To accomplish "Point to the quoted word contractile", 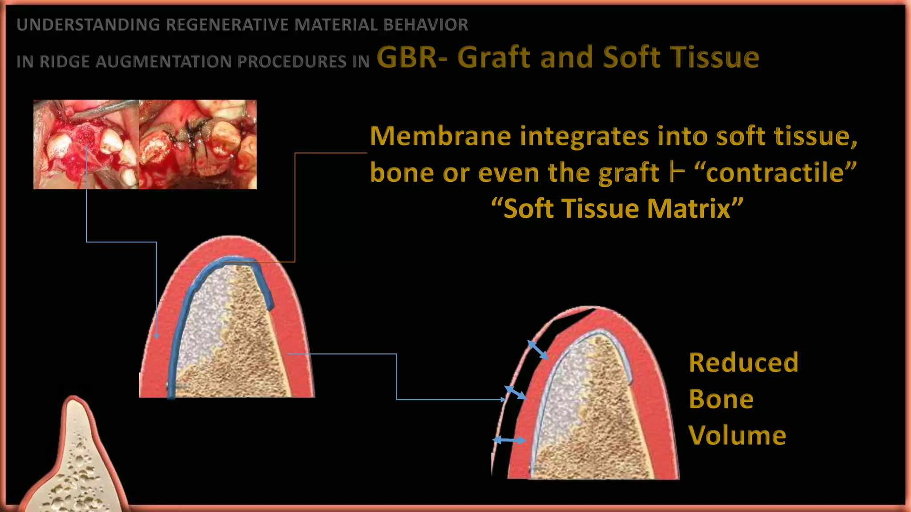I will click(775, 172).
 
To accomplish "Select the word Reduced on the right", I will click(743, 363).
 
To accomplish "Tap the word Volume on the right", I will click(737, 436).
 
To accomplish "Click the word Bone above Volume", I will click(721, 399).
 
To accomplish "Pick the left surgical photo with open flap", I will click(86, 144).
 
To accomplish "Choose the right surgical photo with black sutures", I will click(198, 144).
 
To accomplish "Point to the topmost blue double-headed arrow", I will click(537, 350).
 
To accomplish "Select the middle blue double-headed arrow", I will click(515, 392).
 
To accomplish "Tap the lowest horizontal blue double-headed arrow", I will click(509, 440).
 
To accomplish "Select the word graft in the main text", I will click(629, 172).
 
